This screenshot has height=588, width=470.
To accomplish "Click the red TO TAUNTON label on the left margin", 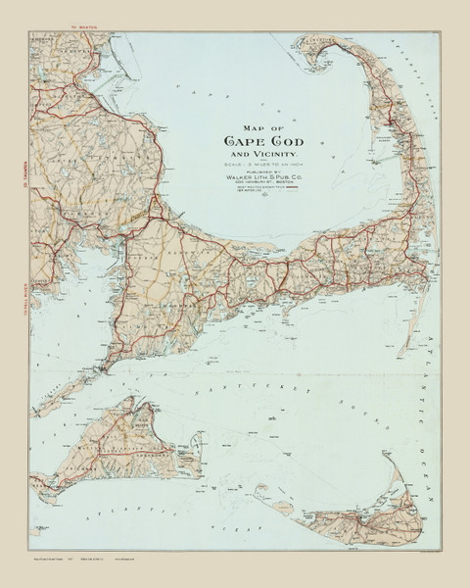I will pyautogui.click(x=21, y=152).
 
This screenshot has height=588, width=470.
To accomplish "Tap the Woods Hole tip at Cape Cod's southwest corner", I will pyautogui.click(x=102, y=368).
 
